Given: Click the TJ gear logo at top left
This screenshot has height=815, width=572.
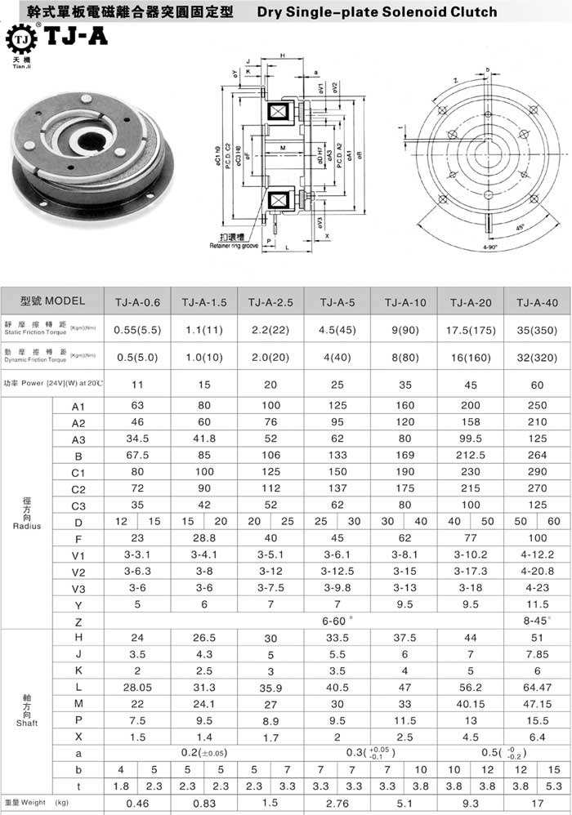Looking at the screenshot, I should click(23, 38).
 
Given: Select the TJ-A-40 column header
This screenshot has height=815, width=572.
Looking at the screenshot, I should click(537, 302).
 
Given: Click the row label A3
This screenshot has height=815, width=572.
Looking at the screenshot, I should click(78, 440).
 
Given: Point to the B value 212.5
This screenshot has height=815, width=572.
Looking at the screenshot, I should click(471, 457).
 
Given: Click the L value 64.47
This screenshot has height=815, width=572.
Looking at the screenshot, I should click(537, 688).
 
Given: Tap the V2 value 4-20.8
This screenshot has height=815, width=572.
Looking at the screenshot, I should click(537, 572).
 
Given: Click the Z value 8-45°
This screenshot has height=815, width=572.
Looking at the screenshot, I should click(537, 620).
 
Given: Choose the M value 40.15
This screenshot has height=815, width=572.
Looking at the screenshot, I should click(471, 705).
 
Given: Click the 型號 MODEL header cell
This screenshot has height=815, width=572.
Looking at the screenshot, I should click(53, 301).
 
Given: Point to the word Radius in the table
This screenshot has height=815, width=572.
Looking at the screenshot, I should click(27, 526).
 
